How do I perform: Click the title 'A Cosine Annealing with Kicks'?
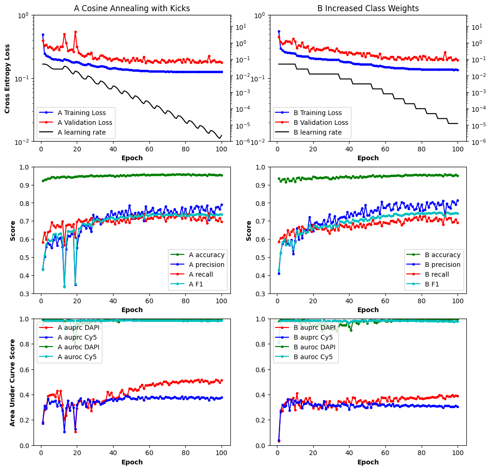[x=132, y=8]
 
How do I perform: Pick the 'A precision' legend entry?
[x=207, y=265]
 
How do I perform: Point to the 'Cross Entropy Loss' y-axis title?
[x=7, y=78]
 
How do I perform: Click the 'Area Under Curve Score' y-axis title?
[x=12, y=382]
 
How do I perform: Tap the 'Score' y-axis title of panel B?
[x=249, y=231]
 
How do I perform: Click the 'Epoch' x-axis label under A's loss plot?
[x=132, y=158]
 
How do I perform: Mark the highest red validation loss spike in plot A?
[x=75, y=32]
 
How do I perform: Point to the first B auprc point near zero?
[x=279, y=440]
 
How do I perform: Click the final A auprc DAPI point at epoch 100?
[x=222, y=380]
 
